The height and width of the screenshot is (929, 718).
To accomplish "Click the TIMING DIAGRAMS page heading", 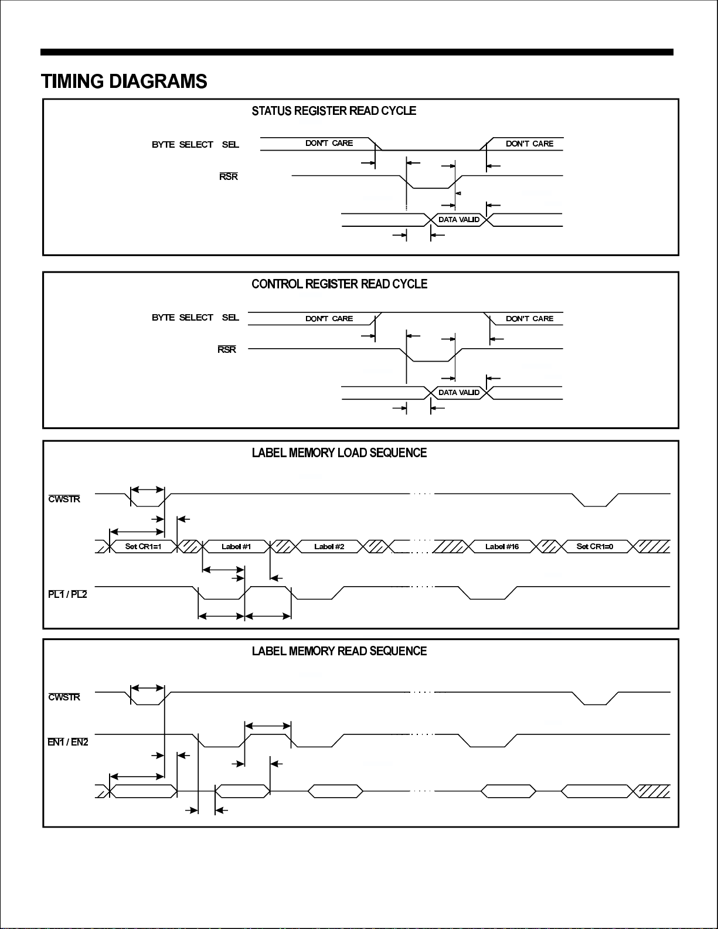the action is click(124, 81).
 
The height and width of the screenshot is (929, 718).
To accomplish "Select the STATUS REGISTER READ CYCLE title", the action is click(334, 111).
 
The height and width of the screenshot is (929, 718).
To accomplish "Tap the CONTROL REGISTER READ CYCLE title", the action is click(339, 284).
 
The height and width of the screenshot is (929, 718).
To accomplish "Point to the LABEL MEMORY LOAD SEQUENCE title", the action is click(339, 452).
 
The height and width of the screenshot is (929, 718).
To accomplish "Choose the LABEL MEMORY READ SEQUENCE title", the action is click(339, 651).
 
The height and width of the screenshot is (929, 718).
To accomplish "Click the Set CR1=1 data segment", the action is click(143, 546).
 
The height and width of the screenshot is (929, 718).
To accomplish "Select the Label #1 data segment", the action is click(236, 546).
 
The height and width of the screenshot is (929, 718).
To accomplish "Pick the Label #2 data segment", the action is click(329, 546).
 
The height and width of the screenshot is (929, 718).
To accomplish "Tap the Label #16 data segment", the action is click(502, 546).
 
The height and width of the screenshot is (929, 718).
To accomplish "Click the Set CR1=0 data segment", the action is click(595, 546).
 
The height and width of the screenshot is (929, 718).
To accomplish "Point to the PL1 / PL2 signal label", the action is click(67, 594).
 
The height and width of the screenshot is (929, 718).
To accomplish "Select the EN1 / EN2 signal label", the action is click(68, 742).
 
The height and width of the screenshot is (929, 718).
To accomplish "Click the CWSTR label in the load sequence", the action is click(64, 499).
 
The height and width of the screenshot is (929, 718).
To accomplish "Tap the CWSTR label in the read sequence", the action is click(64, 697).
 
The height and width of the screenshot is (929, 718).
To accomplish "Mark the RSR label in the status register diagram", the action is click(229, 176).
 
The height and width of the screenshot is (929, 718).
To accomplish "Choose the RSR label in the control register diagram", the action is click(227, 349).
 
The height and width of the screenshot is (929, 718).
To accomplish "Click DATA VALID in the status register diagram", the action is click(459, 220).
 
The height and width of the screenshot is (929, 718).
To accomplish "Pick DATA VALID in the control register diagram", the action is click(459, 393).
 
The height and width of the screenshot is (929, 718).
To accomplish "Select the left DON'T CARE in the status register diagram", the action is click(329, 143).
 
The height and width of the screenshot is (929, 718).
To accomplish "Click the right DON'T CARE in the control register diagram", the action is click(529, 318).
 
